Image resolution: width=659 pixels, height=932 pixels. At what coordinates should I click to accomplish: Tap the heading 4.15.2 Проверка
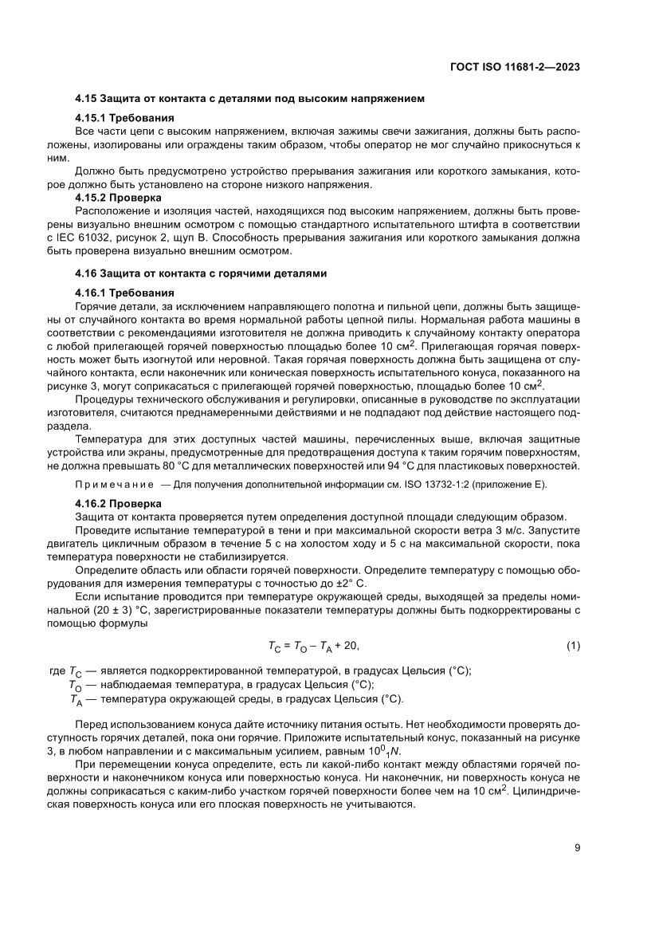pyautogui.click(x=118, y=196)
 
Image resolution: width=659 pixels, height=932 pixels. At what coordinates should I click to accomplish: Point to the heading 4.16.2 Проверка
pyautogui.click(x=118, y=504)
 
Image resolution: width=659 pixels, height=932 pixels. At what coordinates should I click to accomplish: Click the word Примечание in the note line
pyautogui.click(x=112, y=485)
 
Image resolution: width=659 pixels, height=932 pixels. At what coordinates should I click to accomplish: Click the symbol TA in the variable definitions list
pyautogui.click(x=76, y=699)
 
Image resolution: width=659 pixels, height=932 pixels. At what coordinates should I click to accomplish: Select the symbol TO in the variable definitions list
pyautogui.click(x=76, y=685)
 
